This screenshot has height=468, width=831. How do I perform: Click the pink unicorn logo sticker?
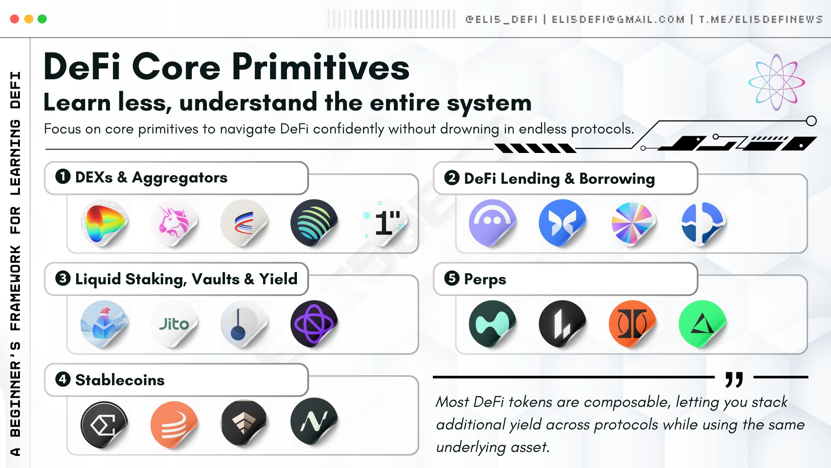(x=174, y=223)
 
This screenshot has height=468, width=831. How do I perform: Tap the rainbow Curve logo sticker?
(x=104, y=223)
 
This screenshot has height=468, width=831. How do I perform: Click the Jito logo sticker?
(x=174, y=324)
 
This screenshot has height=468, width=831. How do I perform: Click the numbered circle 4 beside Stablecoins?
(x=63, y=379)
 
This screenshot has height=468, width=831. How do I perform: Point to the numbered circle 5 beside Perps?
(x=452, y=278)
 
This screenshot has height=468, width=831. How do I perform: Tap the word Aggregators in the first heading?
(x=180, y=178)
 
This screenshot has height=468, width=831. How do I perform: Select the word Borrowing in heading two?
(x=617, y=179)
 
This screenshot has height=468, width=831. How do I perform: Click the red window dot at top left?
(x=14, y=19)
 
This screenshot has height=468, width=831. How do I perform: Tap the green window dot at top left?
(x=42, y=19)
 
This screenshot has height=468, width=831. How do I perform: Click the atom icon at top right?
(x=776, y=82)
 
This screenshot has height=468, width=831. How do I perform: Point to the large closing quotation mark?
(x=734, y=379)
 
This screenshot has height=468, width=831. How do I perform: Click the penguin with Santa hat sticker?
(x=104, y=324)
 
